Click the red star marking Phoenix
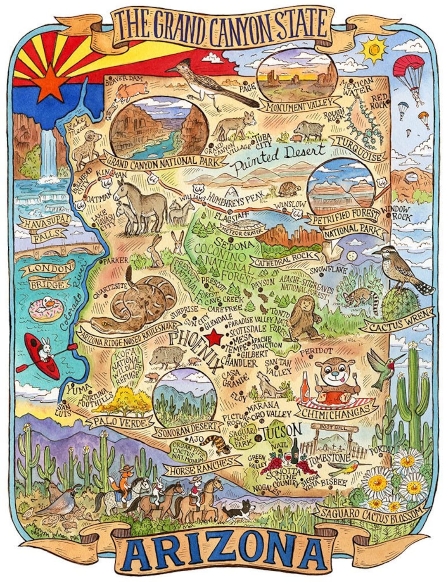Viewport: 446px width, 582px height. coord(214,338)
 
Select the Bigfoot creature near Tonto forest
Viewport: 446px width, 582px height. coord(304,317)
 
